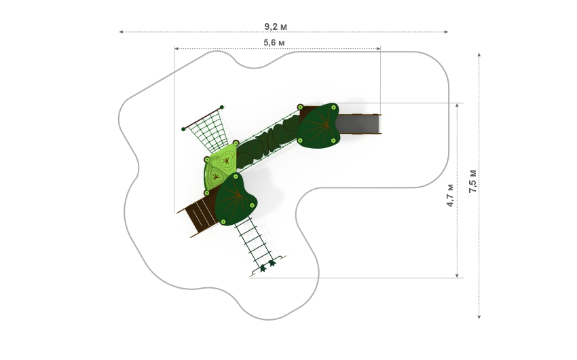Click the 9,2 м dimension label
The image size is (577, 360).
[276, 26]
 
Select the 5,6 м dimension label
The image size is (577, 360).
[274, 43]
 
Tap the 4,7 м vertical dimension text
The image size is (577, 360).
[451, 195]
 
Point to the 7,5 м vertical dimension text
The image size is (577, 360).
[473, 181]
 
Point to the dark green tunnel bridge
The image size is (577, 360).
[268, 142]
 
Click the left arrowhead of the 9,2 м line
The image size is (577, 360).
[121, 32]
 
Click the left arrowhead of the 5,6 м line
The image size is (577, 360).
[176, 48]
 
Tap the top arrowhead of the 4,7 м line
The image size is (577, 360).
[458, 105]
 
